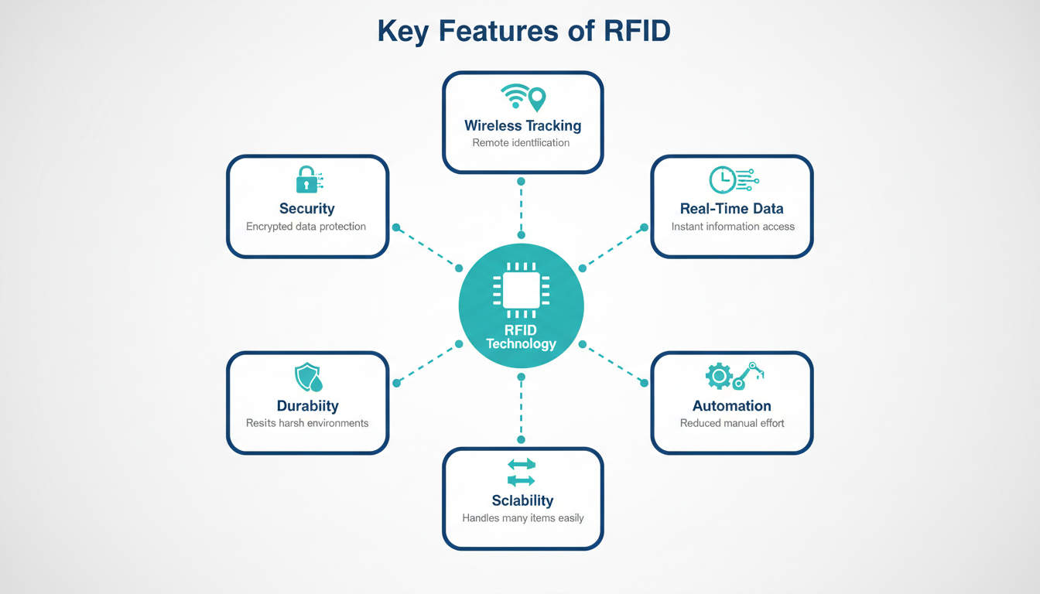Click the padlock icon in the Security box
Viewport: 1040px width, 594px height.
tap(306, 179)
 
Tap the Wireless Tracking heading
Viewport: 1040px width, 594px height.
tap(522, 125)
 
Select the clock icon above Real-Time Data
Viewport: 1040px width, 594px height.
tap(722, 180)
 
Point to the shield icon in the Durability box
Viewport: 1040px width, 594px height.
tap(307, 377)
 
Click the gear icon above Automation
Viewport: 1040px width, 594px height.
tap(719, 376)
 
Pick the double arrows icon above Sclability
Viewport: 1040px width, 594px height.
tap(521, 472)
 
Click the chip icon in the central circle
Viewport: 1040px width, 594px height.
tap(521, 291)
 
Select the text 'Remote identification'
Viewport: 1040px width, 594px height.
tap(521, 143)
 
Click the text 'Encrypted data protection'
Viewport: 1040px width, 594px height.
tap(306, 227)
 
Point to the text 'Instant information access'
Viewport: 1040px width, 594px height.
tap(733, 227)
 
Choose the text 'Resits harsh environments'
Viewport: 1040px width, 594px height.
tap(307, 423)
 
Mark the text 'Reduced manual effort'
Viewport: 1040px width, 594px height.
tap(732, 423)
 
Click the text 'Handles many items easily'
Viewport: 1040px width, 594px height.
tap(523, 518)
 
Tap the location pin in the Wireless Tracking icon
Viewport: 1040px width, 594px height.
tap(535, 98)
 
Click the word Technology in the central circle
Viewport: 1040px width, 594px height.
tap(521, 343)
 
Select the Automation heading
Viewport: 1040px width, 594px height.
tap(732, 405)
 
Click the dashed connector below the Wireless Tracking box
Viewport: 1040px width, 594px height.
tap(521, 208)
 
